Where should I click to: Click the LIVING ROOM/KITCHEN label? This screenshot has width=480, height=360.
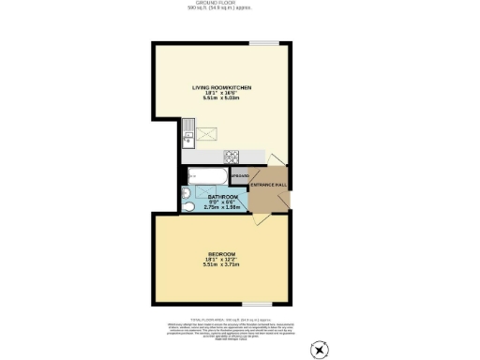[220, 86]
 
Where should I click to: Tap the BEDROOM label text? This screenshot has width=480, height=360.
[221, 254]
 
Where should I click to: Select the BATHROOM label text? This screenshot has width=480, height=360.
[217, 196]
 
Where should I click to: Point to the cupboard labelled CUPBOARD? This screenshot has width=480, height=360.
[239, 175]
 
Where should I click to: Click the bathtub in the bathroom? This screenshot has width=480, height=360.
[206, 175]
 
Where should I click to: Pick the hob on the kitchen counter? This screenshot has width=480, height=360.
[232, 156]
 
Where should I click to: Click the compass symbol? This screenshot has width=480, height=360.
[321, 351]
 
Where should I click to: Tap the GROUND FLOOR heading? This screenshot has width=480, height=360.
[239, 4]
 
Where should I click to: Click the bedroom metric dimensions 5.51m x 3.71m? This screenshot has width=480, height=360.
[221, 265]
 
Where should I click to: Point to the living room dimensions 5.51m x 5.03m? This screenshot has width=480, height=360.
[220, 97]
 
